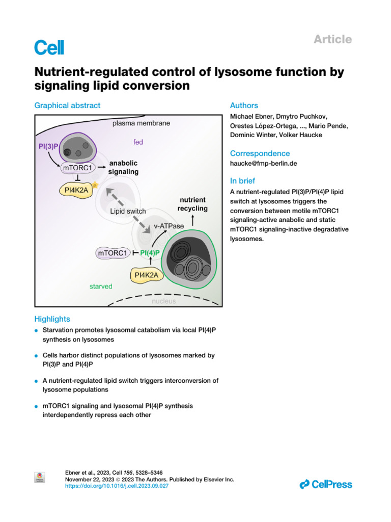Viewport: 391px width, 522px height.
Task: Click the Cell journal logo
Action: coord(49,47)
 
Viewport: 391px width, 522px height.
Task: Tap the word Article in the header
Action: coord(333,39)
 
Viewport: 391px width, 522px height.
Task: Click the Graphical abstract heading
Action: coord(67,106)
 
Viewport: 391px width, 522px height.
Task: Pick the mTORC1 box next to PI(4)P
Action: coord(112,252)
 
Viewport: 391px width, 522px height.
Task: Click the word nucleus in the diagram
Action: coord(164,301)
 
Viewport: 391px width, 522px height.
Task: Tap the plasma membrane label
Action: coord(141,123)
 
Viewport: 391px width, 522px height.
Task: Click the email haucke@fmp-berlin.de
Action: coord(261,164)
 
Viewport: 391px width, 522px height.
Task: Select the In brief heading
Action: coord(243,180)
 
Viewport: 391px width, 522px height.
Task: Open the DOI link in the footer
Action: coord(117,486)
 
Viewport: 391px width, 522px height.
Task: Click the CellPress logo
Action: coord(326,484)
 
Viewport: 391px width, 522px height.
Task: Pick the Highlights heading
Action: coord(52,319)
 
